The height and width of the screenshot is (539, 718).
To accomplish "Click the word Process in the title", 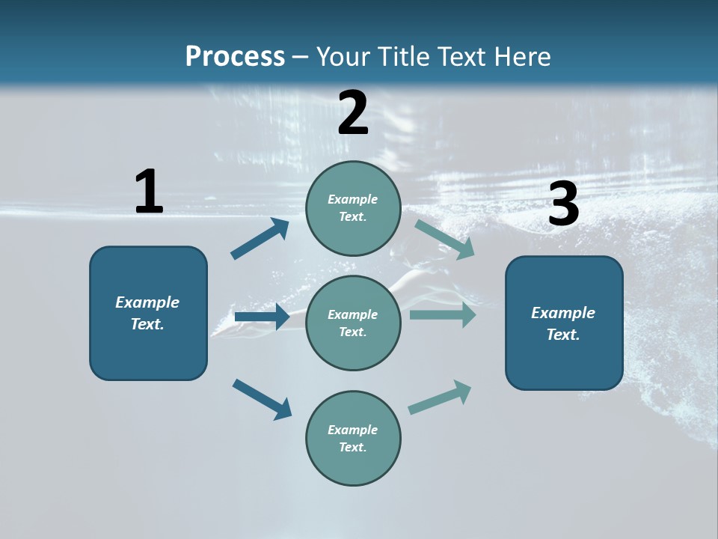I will [x=235, y=56].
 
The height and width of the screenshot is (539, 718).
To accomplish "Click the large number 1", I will [x=149, y=192].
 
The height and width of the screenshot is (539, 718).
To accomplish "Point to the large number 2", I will [x=353, y=113].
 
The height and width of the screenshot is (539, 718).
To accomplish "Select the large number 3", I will [x=563, y=204].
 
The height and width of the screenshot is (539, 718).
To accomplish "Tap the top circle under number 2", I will [x=353, y=207].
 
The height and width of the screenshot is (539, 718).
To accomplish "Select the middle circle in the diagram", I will [x=353, y=323].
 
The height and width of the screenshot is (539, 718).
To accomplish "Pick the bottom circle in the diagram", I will [x=353, y=438].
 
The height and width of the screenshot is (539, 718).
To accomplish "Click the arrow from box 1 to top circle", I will [x=260, y=239].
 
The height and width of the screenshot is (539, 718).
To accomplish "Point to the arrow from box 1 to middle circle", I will [x=262, y=317].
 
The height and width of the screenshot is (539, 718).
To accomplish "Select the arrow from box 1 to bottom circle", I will [x=262, y=399].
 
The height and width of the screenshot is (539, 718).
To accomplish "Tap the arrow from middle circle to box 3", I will [x=443, y=314].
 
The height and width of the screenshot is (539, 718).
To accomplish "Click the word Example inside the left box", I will [x=147, y=302].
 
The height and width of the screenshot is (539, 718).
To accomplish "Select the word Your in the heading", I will [x=340, y=56].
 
